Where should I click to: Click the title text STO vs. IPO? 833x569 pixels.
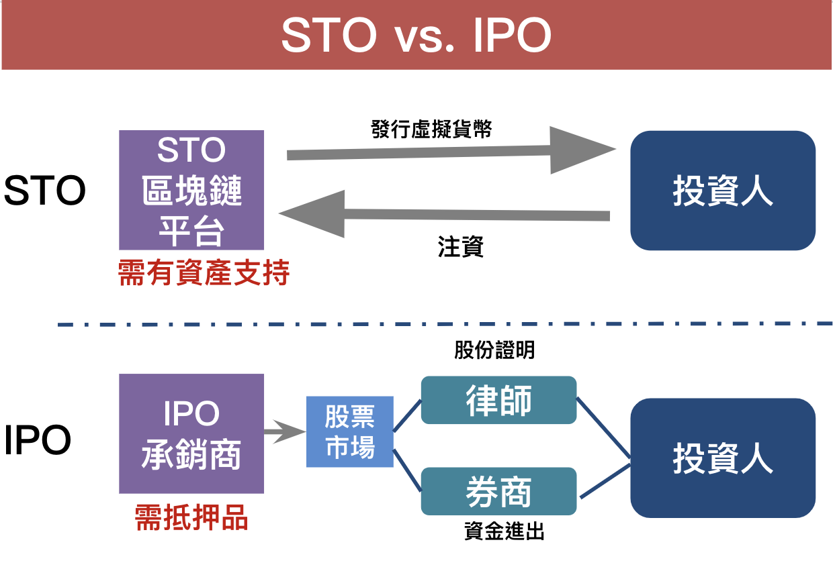pos(416,36)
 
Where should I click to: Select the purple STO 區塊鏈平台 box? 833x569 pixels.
pos(191,190)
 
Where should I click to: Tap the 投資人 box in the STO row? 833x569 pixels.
pos(722,191)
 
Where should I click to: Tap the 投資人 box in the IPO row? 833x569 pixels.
pos(722,458)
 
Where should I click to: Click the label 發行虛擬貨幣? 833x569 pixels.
pos(431,129)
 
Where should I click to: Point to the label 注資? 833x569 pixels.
pos(461,247)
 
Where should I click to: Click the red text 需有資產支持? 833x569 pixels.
pos(204,273)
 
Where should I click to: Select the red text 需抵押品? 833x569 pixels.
pos(191,518)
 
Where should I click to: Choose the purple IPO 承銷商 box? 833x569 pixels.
pos(191,434)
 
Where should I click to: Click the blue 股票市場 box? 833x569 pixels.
pos(349,431)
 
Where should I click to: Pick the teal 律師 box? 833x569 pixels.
pos(498,400)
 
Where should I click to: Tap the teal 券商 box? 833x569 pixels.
pos(498,491)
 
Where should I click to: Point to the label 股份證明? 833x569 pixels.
pos(494,350)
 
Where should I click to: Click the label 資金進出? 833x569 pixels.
pos(504,532)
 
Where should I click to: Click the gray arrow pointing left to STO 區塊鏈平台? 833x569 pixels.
pos(443,214)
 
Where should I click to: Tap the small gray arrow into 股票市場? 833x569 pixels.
pos(284,432)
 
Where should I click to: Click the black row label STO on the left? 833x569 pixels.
pos(44,191)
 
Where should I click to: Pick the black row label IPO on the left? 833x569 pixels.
pos(38,441)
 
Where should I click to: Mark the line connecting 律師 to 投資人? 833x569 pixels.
pos(603,428)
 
